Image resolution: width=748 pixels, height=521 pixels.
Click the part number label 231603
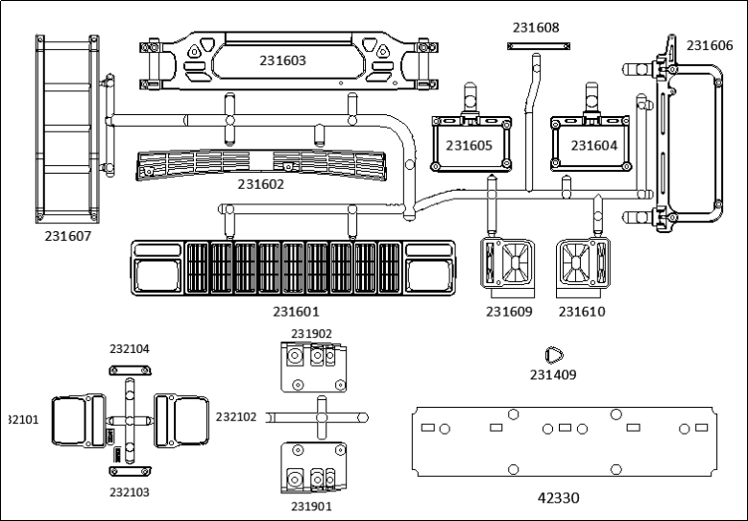pos(282,60)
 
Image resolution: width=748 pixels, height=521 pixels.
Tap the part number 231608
pos(536,28)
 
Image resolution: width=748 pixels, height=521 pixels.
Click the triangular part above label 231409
pos(553,355)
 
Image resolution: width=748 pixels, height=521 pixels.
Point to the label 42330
pos(558,497)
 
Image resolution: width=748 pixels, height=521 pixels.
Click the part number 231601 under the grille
pos(296,311)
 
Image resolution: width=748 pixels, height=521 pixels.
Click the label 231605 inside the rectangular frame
pos(468,145)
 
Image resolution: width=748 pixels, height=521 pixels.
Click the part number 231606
pos(710,45)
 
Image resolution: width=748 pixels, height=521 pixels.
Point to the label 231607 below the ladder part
pos(67,234)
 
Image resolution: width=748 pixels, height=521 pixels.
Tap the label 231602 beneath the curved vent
pos(261,183)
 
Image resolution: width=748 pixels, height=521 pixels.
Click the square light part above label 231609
pos(508,261)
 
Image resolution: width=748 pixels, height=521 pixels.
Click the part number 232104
pos(130,349)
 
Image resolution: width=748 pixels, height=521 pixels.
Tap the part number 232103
pos(130,491)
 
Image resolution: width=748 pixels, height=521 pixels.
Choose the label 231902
pos(311,334)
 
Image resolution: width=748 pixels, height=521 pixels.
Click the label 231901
pos(311,507)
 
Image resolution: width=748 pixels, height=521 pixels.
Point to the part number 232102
pos(236,417)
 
